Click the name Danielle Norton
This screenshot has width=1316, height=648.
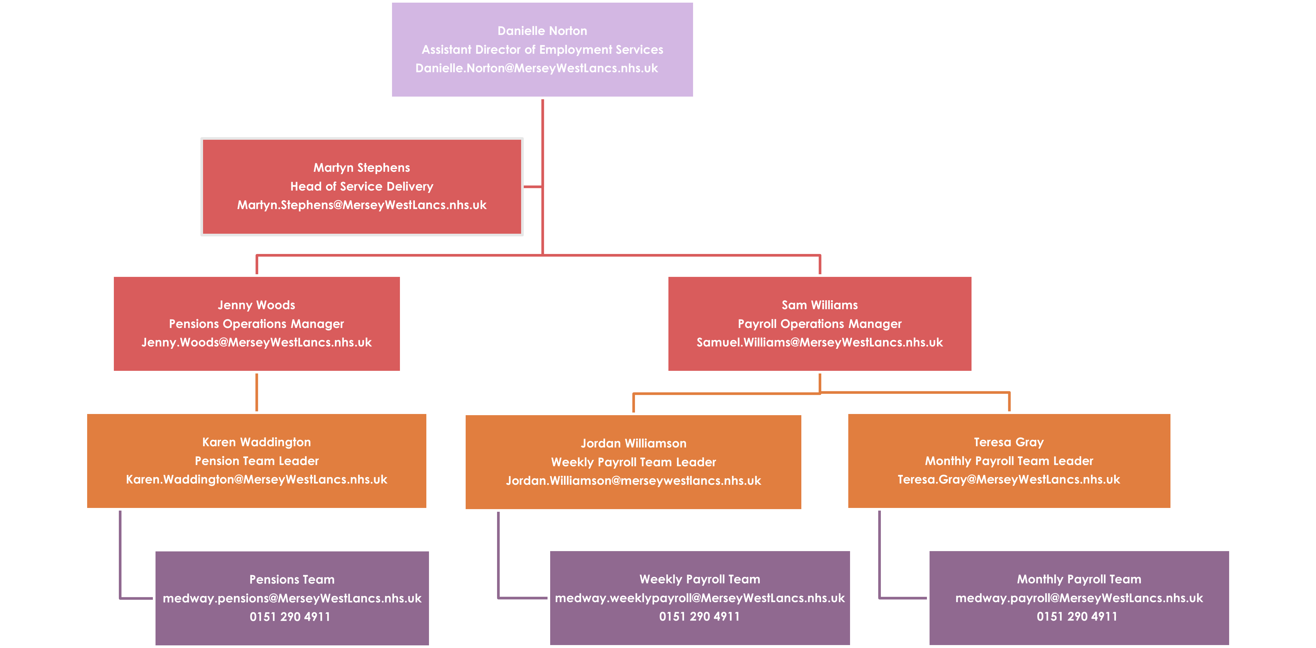pos(542,31)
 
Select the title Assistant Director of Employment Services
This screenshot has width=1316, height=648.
pos(542,50)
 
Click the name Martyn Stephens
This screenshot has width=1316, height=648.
pos(362,168)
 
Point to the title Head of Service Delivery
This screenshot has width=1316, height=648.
pos(362,186)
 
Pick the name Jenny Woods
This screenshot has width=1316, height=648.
pos(256,305)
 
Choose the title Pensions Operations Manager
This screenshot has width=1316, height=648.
pos(256,324)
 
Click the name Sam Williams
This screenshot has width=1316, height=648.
pos(820,305)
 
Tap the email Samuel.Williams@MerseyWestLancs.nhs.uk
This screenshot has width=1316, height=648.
pos(820,342)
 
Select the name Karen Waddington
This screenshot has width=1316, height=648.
pos(256,442)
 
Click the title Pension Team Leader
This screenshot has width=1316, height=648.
pos(256,461)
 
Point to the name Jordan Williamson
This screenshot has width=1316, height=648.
pos(633,444)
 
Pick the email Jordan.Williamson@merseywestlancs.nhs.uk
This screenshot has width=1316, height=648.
pos(633,481)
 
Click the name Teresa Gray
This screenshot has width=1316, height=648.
pos(1008,442)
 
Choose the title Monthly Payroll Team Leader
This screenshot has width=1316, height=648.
pos(1008,461)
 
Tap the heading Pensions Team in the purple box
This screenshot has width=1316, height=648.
pos(292,580)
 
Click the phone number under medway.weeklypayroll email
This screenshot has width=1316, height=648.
pos(700,617)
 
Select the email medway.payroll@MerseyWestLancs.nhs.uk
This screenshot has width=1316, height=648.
pos(1079,598)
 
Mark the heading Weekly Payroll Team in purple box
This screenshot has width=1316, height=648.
pos(700,579)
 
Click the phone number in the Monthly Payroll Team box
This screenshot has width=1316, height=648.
pos(1077,617)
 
